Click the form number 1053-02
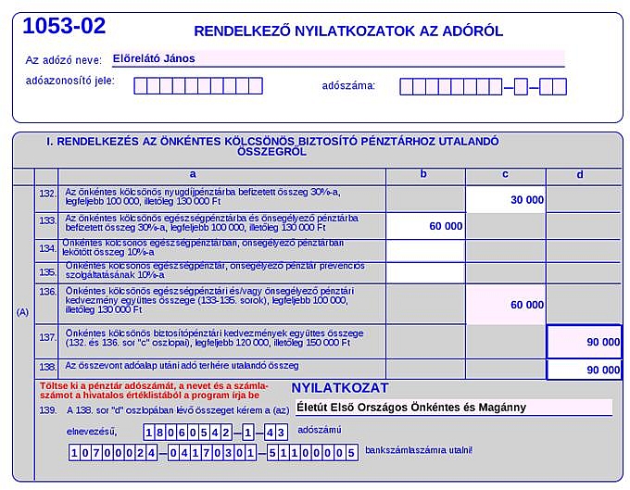pos(64,26)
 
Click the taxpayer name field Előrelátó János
pos(337,58)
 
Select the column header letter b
pos(423,174)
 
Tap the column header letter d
pos(580,174)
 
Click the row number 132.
pos(47,194)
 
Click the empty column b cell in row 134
pos(424,250)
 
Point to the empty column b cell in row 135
pos(424,272)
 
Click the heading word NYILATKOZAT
pos(340,388)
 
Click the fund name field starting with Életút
pos(453,407)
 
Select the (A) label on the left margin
pos(23,311)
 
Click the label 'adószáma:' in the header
pos(348,86)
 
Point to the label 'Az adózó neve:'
pos(64,60)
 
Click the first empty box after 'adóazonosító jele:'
pos(141,86)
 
